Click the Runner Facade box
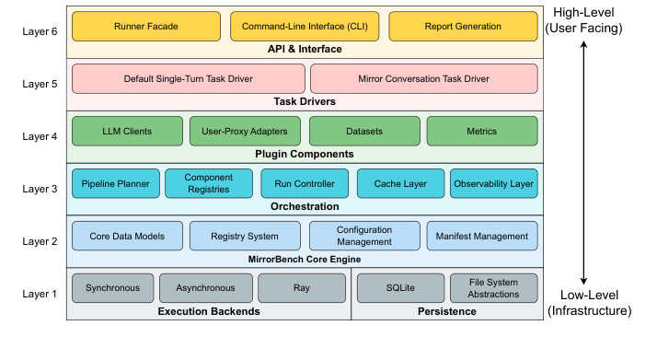pyautogui.click(x=146, y=27)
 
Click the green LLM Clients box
pyautogui.click(x=126, y=132)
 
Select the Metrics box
pyautogui.click(x=480, y=132)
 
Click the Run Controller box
pyautogui.click(x=305, y=183)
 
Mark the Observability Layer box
pyautogui.click(x=494, y=183)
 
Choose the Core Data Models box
pyautogui.click(x=126, y=236)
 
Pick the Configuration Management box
pyautogui.click(x=364, y=236)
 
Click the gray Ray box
pyautogui.click(x=301, y=288)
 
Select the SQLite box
pyautogui.click(x=400, y=288)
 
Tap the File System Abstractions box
pyautogui.click(x=493, y=288)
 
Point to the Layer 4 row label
pyautogui.click(x=40, y=136)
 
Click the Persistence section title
pyautogui.click(x=445, y=311)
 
